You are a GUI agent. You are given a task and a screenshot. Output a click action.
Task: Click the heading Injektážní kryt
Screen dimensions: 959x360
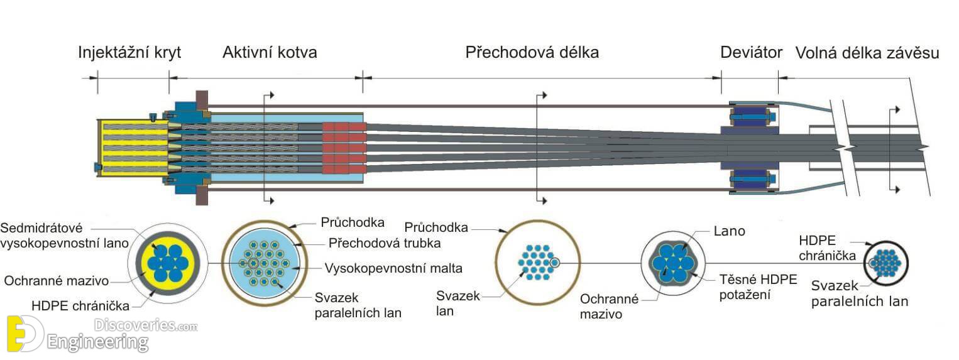click(129, 53)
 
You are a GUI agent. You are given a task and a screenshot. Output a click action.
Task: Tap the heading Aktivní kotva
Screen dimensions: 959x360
click(270, 52)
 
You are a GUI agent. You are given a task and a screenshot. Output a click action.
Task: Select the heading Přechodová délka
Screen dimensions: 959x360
click(532, 52)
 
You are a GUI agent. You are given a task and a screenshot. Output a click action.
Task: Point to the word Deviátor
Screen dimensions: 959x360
click(752, 52)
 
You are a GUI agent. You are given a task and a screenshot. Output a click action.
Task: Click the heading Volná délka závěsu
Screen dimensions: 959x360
click(867, 53)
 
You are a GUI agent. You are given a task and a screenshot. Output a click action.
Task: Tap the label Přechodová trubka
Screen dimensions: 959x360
click(385, 243)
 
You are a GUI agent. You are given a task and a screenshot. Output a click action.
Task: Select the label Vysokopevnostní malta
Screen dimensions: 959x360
click(393, 268)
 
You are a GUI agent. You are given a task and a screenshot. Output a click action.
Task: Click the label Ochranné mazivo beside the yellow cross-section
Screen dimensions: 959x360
click(57, 281)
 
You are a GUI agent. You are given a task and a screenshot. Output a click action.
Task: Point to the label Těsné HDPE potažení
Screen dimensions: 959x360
click(758, 286)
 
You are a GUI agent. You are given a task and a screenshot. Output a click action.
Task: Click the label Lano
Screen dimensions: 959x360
click(729, 231)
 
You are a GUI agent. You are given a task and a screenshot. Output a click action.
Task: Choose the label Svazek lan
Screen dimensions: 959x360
click(458, 303)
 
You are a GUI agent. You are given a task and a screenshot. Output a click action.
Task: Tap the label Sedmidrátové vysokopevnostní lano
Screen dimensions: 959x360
click(64, 236)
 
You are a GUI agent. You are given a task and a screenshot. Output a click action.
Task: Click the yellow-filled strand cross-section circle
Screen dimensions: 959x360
click(167, 263)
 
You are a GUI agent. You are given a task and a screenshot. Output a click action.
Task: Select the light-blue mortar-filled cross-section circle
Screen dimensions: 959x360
click(265, 263)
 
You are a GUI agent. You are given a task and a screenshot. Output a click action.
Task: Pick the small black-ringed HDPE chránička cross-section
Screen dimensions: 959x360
click(886, 263)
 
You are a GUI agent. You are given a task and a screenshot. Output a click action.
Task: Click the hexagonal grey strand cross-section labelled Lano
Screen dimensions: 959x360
click(673, 263)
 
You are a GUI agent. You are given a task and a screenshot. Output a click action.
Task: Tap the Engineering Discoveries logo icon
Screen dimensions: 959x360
click(25, 334)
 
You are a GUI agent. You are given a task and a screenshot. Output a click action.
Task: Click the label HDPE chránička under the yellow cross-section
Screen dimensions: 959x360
click(80, 306)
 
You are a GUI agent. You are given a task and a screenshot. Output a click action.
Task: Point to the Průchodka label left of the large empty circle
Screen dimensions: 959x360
click(436, 227)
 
